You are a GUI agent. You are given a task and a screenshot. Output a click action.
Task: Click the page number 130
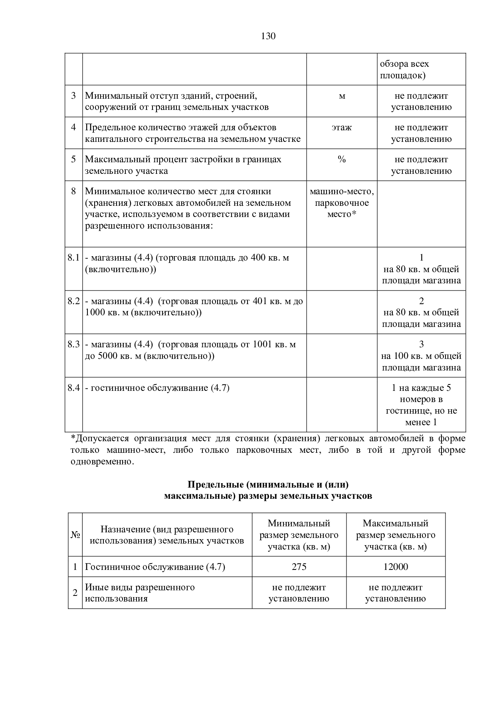268,36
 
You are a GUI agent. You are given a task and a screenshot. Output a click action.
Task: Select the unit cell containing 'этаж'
342,127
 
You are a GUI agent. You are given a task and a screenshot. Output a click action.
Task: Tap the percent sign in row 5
342,159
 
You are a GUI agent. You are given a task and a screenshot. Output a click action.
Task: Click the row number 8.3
74,345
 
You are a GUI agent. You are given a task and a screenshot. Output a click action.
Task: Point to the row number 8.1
74,258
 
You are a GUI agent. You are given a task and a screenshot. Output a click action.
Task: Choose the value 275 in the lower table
299,567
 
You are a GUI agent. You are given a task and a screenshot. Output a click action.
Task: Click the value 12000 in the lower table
396,567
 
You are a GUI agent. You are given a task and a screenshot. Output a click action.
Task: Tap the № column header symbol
75,535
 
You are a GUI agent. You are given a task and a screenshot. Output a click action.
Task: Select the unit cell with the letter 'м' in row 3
342,96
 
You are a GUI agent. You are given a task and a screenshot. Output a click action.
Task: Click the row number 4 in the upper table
73,127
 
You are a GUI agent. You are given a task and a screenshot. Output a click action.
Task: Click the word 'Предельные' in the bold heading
216,485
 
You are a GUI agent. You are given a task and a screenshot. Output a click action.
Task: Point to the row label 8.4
74,388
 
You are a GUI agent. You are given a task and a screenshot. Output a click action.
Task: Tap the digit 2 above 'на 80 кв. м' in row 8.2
422,301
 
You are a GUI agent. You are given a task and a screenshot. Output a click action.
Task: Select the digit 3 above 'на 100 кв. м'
422,345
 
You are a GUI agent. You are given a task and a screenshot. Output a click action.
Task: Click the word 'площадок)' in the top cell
402,76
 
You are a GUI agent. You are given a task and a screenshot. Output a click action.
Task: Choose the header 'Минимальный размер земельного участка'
299,535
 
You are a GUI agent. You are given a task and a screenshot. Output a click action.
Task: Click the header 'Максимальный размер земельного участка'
396,535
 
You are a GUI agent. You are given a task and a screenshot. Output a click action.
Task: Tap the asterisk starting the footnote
73,438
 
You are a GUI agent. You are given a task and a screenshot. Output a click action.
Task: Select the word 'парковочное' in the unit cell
342,203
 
